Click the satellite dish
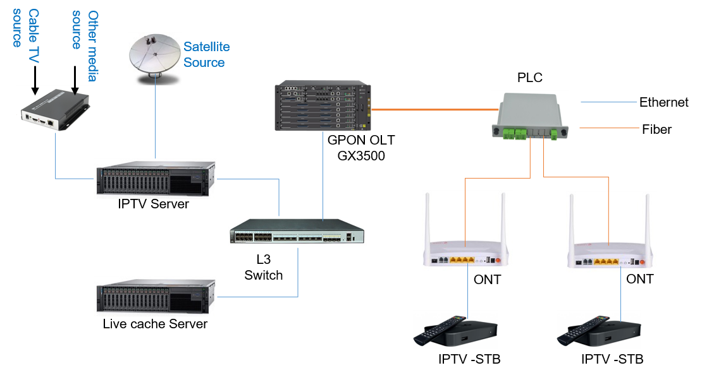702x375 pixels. point(154,57)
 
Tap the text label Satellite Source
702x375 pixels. point(206,54)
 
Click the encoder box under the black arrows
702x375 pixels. point(55,110)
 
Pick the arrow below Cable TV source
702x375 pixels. point(35,90)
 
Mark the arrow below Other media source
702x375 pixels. point(75,90)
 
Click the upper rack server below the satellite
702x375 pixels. point(155,179)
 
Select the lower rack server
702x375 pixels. point(155,297)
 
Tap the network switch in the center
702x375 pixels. point(297,231)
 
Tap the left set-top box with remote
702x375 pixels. point(455,330)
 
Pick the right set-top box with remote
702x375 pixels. point(598,330)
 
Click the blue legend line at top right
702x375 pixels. point(608,102)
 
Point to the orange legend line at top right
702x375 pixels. point(608,128)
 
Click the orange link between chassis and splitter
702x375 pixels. point(430,110)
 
